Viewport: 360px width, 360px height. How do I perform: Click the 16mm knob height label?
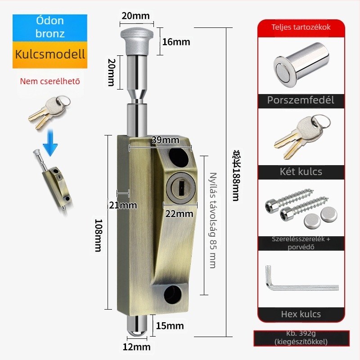[x=176, y=42]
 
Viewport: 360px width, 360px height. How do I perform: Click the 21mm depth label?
[x=122, y=206]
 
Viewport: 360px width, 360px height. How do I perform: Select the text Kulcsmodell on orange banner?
[x=50, y=55]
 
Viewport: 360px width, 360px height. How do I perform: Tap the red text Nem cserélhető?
[x=50, y=82]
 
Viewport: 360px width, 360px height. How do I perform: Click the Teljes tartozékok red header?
[x=301, y=27]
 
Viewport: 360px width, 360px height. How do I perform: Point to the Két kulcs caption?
[x=301, y=171]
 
